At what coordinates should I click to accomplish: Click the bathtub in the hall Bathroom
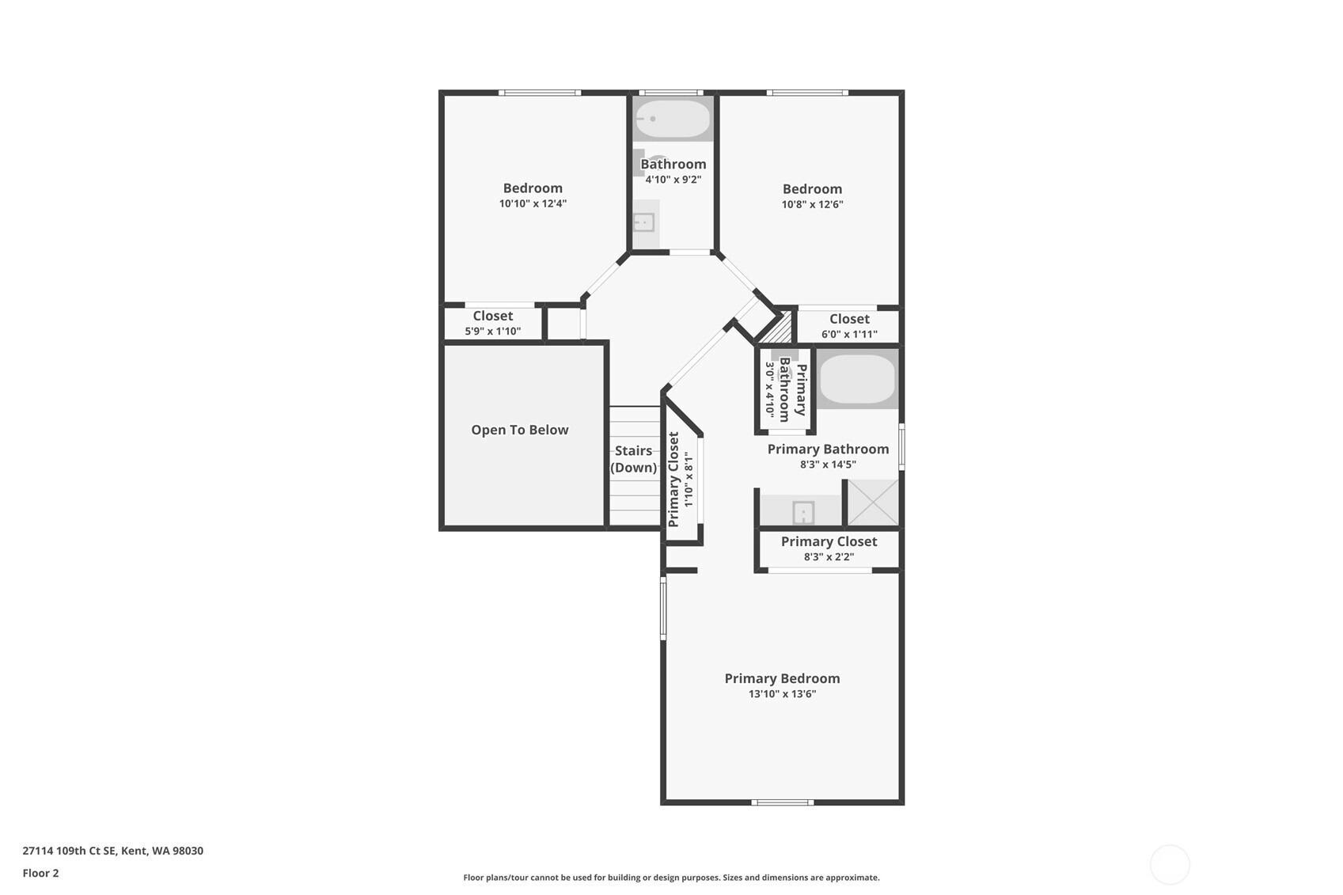[x=673, y=119]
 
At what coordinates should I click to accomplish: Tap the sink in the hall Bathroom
[x=645, y=223]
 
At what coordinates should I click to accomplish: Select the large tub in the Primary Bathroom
[x=857, y=379]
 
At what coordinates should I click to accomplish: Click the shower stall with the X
[x=873, y=502]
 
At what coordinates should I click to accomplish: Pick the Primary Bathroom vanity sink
[x=802, y=513]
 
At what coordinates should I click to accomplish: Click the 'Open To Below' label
[x=520, y=430]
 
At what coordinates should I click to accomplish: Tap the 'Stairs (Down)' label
[x=634, y=459]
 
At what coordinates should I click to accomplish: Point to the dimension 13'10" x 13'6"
[x=783, y=694]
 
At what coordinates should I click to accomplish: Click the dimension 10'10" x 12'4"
[x=533, y=203]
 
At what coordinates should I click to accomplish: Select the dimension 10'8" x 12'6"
[x=813, y=204]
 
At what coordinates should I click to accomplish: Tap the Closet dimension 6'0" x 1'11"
[x=850, y=334]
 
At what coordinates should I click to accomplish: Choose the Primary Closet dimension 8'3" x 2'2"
[x=829, y=557]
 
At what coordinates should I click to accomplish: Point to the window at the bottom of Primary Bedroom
[x=783, y=802]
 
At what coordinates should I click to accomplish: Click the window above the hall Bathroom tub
[x=671, y=93]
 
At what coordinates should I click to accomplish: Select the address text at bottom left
[x=112, y=851]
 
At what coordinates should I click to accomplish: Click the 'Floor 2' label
[x=41, y=873]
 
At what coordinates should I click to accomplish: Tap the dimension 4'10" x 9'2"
[x=673, y=180]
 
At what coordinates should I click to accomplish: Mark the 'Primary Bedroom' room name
[x=783, y=678]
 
